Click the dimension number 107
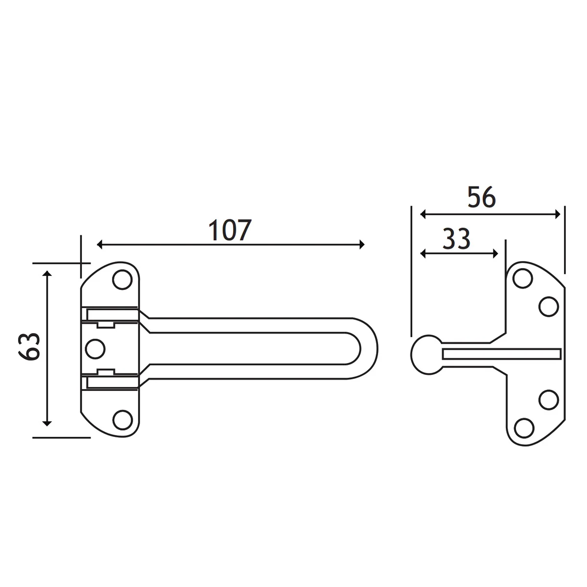tap(230, 230)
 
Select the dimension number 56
tap(482, 198)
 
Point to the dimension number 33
tap(456, 239)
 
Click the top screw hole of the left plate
tap(122, 280)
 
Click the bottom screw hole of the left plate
tap(122, 420)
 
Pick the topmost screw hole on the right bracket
tap(522, 278)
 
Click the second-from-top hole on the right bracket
tap(548, 307)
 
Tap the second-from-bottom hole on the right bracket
tap(549, 399)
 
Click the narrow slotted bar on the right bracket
tap(501, 354)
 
